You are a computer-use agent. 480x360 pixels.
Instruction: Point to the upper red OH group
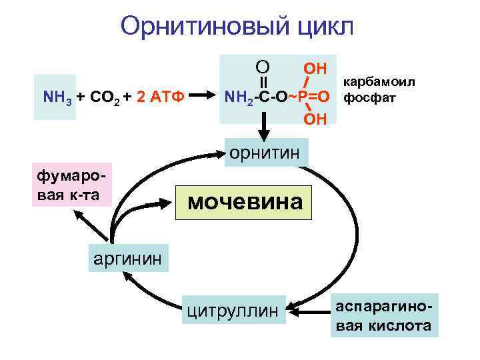[x=315, y=69]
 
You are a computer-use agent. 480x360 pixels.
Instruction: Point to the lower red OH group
[x=315, y=119]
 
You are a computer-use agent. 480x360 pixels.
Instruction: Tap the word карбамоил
[x=378, y=81]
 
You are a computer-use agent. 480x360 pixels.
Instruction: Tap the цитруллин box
[x=235, y=309]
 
